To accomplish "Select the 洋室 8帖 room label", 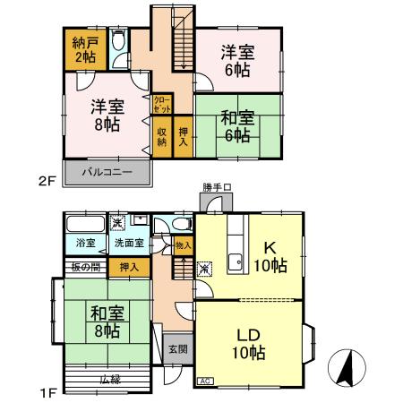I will [106, 115].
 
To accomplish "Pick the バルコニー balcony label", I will [107, 170].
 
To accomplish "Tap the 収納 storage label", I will [162, 137].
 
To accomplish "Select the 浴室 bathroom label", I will [85, 243].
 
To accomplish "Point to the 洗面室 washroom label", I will [126, 243].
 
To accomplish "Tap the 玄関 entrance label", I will [176, 349].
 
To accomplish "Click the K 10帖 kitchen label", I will [273, 257].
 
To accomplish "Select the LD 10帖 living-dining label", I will [251, 342].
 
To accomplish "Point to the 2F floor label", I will [47, 179].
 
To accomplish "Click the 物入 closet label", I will [183, 244].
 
